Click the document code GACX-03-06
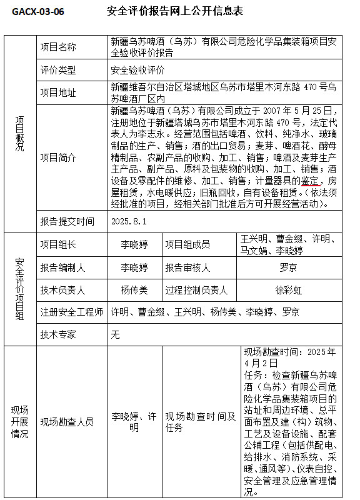click(x=37, y=12)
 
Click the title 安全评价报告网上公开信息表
click(x=175, y=12)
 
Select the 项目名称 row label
click(x=58, y=47)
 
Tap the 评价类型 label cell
click(x=58, y=70)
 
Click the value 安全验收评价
click(x=137, y=70)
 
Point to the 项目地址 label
click(x=58, y=92)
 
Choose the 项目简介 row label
click(x=58, y=157)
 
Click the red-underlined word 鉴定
click(x=310, y=181)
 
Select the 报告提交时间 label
click(x=67, y=221)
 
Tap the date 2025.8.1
click(x=127, y=221)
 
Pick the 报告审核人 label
click(x=187, y=267)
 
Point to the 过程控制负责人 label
click(x=196, y=291)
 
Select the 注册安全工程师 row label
click(x=72, y=312)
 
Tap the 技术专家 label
click(x=58, y=334)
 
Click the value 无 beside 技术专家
click(x=115, y=334)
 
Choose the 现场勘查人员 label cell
click(x=67, y=422)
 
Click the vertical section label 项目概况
click(x=20, y=137)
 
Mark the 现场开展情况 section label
click(x=20, y=422)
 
